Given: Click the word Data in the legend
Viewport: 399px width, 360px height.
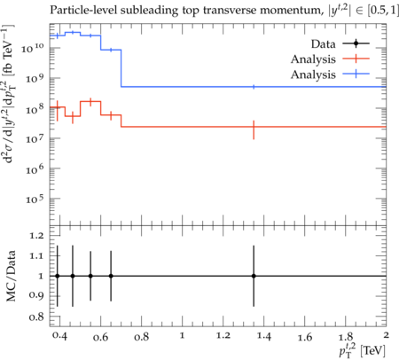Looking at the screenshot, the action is point(323,44).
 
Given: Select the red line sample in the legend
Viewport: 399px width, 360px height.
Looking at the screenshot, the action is point(356,59).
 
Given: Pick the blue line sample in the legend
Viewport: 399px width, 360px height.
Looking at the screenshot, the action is point(356,74).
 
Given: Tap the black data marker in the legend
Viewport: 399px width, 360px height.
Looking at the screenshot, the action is point(356,43).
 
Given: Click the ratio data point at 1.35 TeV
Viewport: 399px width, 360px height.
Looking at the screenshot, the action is point(254,276).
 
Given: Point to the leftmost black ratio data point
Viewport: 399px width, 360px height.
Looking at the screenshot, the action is point(58,276).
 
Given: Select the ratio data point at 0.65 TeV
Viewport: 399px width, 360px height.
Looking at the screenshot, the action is point(111,276).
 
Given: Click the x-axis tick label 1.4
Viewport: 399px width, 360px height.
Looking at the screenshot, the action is point(264,336).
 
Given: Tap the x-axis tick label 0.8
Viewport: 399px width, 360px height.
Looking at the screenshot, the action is point(141,337).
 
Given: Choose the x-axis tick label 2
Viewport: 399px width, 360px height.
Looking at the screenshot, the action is point(386,335).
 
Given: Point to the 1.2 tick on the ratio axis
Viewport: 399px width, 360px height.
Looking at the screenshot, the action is point(36,236).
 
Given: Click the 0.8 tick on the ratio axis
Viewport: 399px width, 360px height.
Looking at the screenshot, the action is point(36,317).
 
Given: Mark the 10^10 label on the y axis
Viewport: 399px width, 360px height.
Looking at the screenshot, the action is point(33,47).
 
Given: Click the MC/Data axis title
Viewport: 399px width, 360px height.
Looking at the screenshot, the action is point(11,276).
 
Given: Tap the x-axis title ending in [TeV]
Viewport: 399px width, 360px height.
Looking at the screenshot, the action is point(362,349).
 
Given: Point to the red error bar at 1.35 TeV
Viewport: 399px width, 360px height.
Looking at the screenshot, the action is point(254,129).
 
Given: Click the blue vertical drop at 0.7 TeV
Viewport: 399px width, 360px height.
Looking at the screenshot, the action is point(121,68).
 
